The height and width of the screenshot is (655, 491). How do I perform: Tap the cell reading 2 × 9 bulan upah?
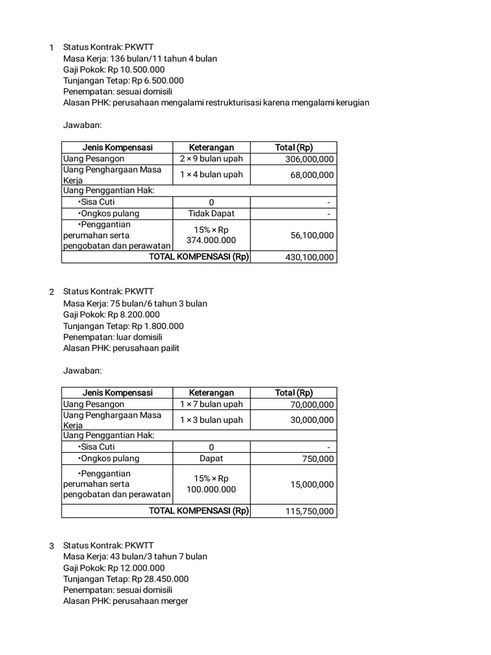click(211, 159)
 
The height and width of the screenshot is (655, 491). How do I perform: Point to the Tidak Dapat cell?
click(211, 214)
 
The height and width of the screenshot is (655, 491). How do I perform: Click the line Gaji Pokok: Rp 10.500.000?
click(114, 70)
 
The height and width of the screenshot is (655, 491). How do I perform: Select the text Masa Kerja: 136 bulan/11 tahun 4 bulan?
click(139, 59)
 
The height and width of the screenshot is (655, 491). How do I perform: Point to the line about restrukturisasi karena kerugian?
click(216, 102)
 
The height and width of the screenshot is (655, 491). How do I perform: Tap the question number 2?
click(52, 292)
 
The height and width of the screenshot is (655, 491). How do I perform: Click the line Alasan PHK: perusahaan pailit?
click(121, 348)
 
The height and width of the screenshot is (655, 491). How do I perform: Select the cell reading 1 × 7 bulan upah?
click(211, 404)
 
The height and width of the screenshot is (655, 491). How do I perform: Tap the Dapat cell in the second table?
click(211, 459)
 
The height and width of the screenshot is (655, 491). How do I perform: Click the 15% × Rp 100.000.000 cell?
click(211, 484)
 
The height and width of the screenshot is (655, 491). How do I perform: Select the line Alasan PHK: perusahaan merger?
click(125, 601)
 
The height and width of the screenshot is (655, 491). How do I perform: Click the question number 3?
click(52, 546)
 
